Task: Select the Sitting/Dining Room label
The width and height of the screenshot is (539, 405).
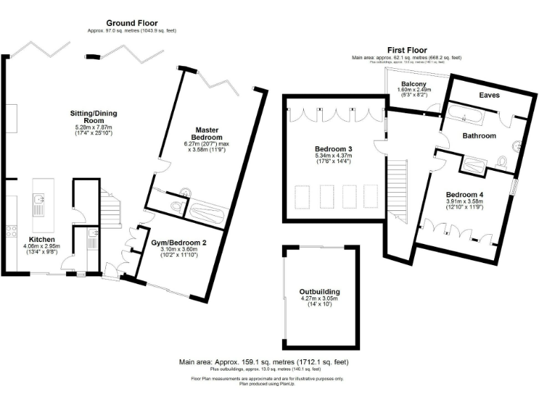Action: click(93, 117)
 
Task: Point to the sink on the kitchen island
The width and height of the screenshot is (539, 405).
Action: click(39, 205)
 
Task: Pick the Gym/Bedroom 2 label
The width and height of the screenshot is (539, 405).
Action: click(178, 243)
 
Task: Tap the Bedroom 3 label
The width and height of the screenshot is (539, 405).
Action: click(334, 149)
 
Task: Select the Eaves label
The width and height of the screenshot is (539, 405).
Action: click(489, 95)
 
